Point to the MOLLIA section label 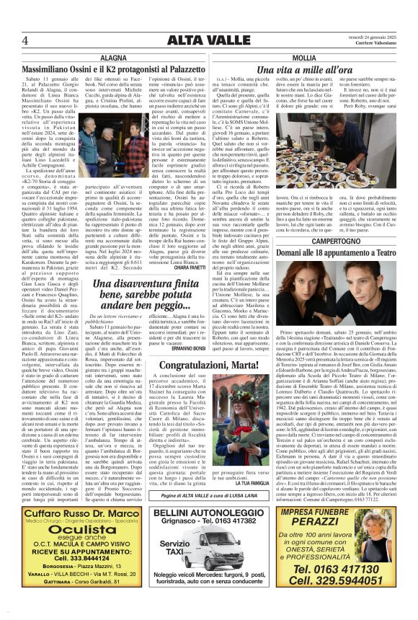coord(304,57)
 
